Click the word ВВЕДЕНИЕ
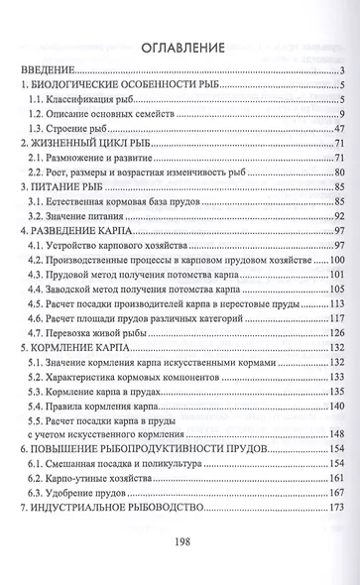[x=47, y=70]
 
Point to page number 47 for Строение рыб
[x=336, y=128]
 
